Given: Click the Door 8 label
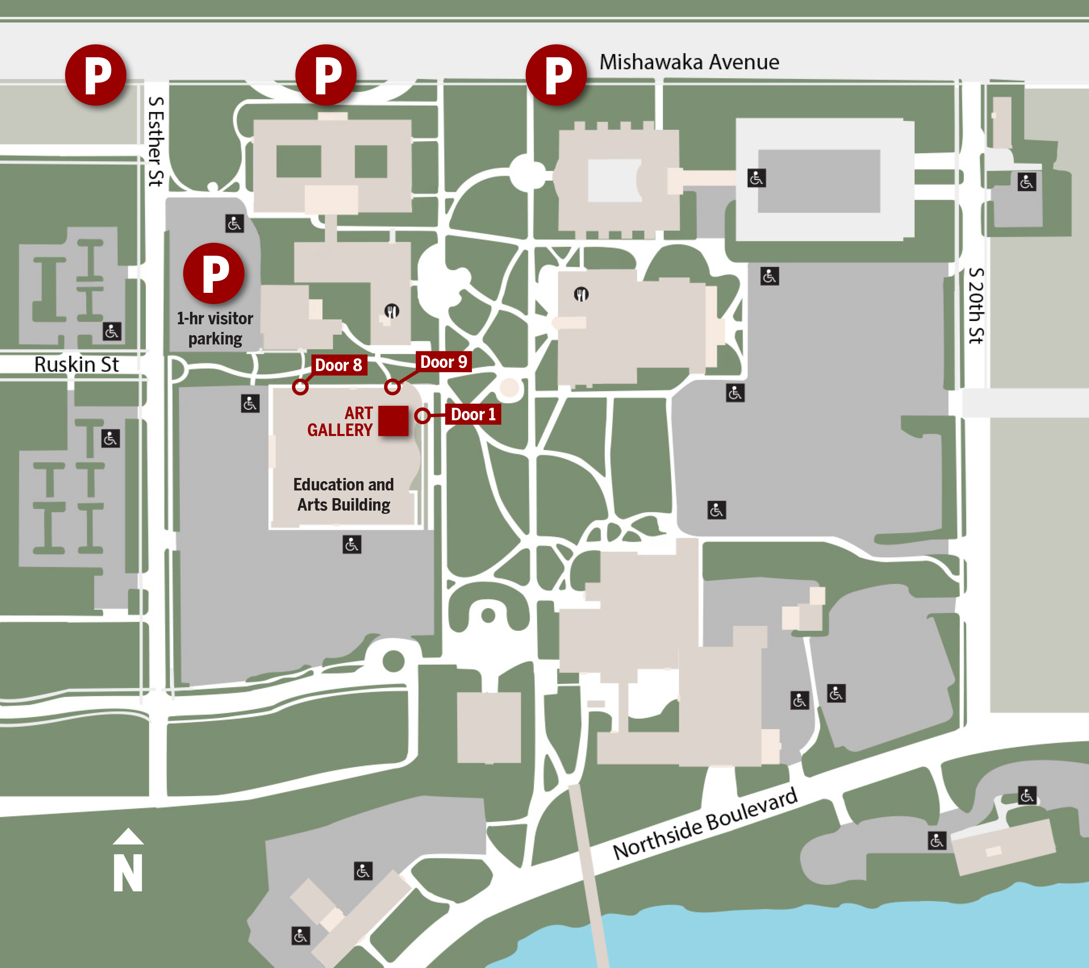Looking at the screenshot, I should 338,365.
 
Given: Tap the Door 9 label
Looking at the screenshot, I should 443,362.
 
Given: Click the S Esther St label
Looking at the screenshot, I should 156,141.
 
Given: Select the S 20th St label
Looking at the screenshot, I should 976,306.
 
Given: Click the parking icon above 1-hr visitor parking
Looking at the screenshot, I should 214,274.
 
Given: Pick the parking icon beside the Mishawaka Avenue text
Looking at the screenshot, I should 556,75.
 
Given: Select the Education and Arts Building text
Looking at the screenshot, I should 344,494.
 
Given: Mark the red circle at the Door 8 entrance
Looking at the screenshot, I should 300,387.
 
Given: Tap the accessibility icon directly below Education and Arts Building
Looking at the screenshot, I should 352,544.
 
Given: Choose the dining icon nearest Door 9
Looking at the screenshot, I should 392,311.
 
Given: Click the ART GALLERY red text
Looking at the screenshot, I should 340,421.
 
